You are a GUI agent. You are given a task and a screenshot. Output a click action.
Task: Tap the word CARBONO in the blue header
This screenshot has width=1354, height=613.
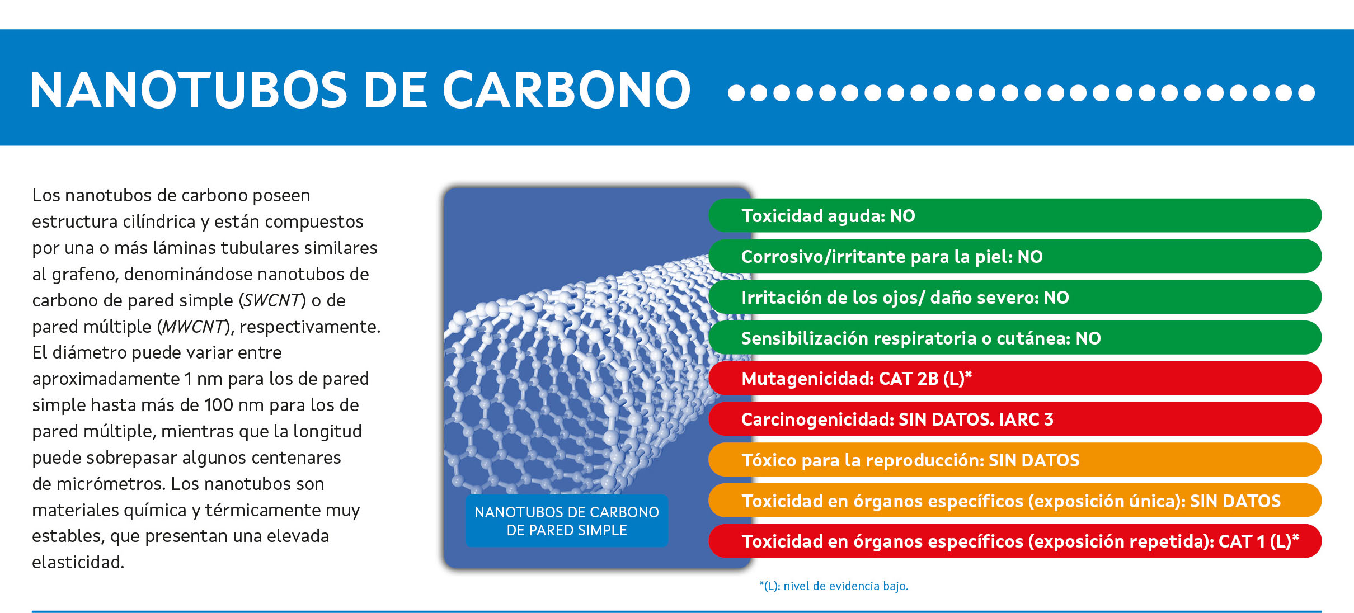567,89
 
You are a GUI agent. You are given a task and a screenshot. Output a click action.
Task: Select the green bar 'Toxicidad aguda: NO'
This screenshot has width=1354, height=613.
1015,215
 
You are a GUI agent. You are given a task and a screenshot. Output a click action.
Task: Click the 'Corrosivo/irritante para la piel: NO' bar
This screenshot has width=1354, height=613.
1015,256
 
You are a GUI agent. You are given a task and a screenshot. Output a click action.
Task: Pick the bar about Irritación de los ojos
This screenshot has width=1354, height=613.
1015,297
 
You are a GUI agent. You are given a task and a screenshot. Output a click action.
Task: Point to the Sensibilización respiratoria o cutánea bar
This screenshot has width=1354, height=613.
1015,338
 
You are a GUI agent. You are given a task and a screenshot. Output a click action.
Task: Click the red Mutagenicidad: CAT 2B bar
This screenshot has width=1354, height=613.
1015,378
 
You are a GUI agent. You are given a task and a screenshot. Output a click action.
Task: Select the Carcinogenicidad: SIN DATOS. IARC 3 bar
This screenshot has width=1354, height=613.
1015,419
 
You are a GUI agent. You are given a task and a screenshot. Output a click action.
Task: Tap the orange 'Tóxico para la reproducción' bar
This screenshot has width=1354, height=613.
1015,460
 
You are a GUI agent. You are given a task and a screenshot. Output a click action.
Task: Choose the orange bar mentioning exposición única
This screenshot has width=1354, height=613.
1015,501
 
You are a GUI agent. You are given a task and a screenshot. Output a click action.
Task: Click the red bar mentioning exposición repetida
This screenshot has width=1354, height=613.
1015,541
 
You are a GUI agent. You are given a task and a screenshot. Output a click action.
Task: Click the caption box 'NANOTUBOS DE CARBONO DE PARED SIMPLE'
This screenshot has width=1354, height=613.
567,521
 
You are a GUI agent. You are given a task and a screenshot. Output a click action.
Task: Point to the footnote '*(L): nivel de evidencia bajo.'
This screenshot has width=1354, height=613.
834,586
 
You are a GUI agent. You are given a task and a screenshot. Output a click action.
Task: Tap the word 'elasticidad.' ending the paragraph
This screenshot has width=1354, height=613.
78,562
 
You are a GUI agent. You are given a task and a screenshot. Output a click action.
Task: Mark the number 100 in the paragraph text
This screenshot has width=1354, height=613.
218,405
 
